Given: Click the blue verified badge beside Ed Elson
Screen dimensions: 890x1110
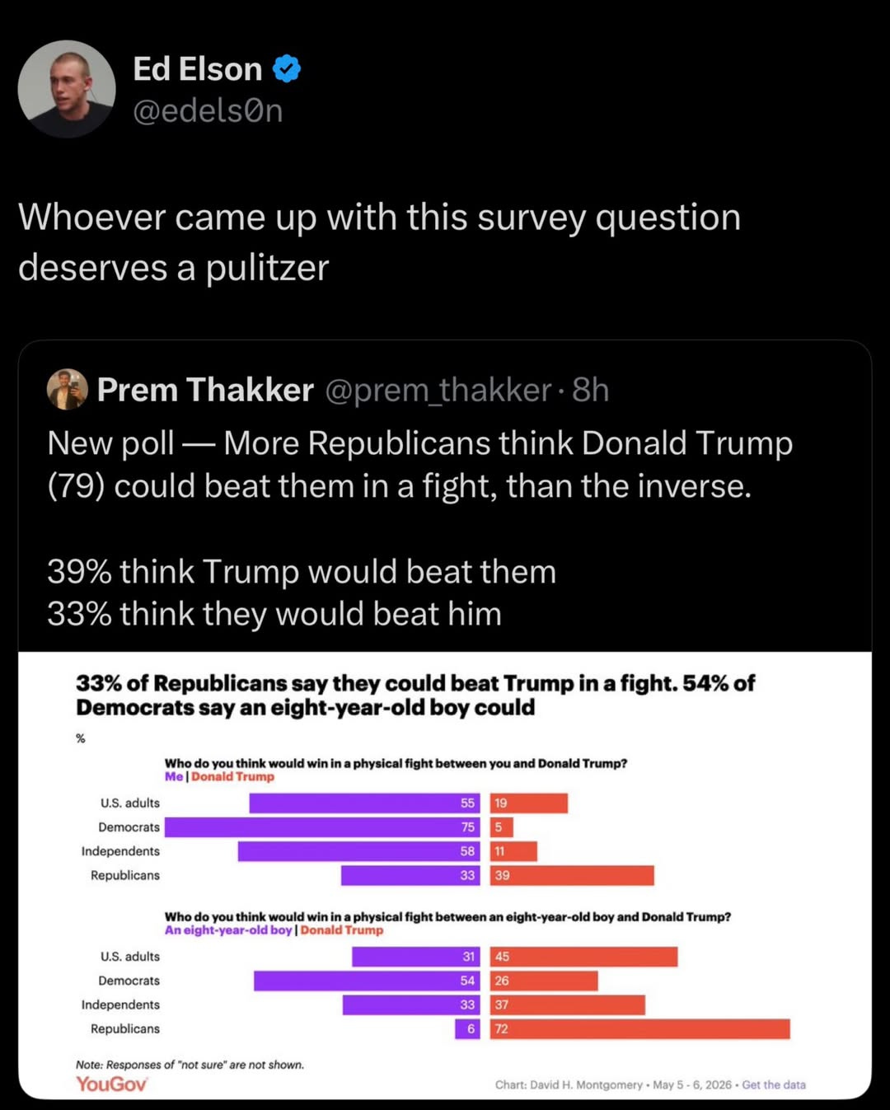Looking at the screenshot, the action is tap(286, 68).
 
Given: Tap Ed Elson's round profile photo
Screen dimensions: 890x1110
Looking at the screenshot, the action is tap(67, 89).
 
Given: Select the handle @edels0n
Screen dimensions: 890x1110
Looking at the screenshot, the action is tap(208, 110).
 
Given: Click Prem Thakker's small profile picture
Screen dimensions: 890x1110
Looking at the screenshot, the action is tap(67, 390).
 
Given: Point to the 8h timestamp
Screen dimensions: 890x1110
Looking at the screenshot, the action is tap(591, 390).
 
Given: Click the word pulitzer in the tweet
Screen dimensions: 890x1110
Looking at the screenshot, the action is tap(267, 268).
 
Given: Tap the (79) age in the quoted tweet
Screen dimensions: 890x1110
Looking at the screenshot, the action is tap(77, 486).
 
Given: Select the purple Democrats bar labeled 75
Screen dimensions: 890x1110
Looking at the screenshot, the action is tap(322, 827).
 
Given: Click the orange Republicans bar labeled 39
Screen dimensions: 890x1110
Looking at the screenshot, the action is tap(572, 875).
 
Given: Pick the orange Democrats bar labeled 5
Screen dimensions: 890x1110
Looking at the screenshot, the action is tap(502, 827).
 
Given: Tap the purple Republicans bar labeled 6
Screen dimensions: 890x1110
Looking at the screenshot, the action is tap(467, 1029).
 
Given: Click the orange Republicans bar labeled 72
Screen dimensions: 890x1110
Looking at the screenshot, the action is tap(639, 1029).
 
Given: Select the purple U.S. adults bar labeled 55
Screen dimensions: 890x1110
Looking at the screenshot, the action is tap(365, 803).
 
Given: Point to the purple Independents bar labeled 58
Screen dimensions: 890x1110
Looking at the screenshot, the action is tap(359, 851).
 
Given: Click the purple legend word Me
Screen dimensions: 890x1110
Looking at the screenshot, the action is tap(174, 776).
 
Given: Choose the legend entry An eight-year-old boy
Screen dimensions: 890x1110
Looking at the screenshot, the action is tap(228, 930).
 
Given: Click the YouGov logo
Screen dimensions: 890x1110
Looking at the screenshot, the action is tap(111, 1084).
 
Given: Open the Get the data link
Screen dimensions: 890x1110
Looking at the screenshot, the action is tap(774, 1084).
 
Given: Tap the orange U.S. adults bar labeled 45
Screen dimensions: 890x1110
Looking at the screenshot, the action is tap(583, 956).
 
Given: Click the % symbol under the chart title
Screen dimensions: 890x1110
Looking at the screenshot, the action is tap(81, 738).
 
